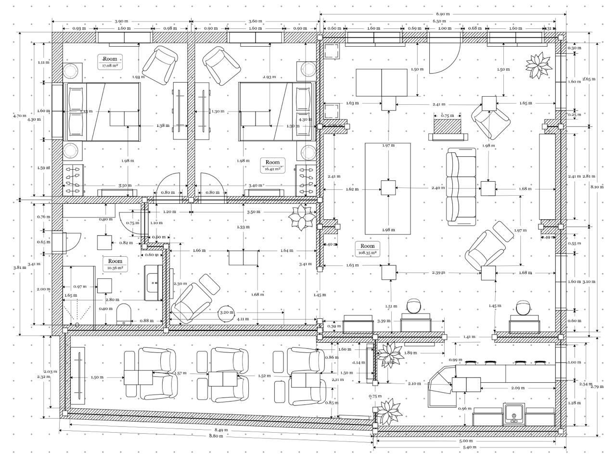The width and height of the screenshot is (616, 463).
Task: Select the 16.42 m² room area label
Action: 272,165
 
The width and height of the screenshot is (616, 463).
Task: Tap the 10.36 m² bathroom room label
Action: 115,264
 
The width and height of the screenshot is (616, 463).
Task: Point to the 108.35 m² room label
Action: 367,249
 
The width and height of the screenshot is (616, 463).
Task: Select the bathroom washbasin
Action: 154,283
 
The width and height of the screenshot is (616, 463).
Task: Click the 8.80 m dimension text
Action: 215,436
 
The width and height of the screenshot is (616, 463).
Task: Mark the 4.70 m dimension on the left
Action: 20,115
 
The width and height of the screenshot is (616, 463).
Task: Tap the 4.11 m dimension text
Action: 243,319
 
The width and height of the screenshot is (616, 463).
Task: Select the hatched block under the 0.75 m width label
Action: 448,127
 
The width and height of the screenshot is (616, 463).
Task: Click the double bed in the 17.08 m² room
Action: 102,112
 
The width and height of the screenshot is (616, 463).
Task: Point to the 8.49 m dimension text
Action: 221,430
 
